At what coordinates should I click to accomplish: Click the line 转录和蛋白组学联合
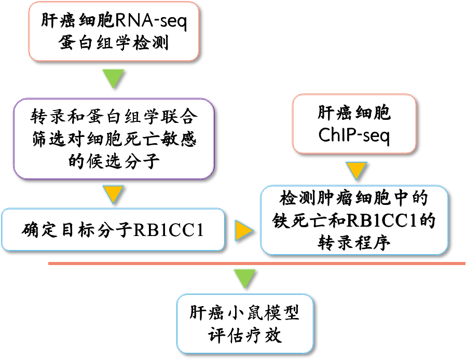click(x=114, y=116)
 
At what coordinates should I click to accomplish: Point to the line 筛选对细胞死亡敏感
click(x=114, y=138)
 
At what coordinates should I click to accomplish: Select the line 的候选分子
click(x=114, y=161)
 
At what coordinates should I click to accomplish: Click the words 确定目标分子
click(x=78, y=229)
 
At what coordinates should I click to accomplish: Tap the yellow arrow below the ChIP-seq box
click(x=355, y=170)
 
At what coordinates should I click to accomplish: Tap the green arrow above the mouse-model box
click(x=245, y=278)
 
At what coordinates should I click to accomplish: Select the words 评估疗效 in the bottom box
click(x=245, y=335)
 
